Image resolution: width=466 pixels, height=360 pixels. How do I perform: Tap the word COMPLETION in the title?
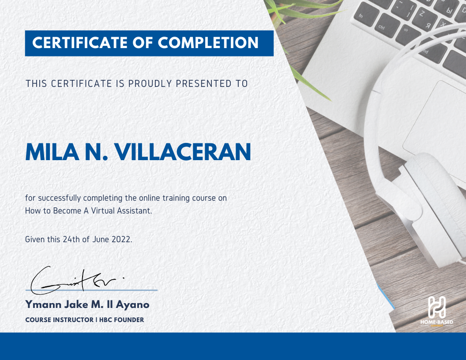coord(208,43)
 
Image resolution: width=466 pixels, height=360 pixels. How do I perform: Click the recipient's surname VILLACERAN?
coord(183,152)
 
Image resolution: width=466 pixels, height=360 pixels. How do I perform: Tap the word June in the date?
coord(100,240)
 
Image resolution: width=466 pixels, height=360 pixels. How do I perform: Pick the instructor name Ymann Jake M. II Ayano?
coord(87,304)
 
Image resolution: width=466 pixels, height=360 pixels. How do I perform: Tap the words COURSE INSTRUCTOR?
coord(59,320)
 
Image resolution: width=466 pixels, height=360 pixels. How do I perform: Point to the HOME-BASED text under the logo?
coord(436,322)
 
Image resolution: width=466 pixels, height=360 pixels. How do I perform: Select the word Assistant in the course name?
coord(134,211)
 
